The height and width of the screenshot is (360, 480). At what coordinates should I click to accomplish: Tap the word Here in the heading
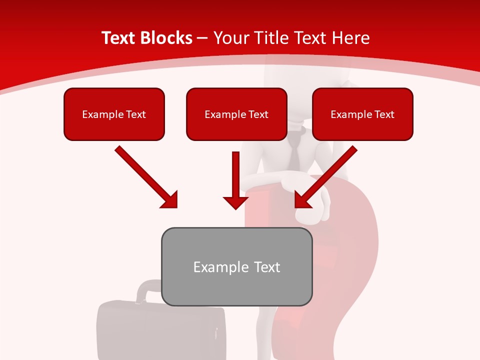tap(352, 38)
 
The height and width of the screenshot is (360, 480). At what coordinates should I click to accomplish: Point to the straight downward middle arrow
tap(235, 180)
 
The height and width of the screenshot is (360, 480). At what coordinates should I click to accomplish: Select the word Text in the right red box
tap(384, 114)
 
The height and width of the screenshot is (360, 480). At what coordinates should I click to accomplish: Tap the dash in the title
tap(202, 38)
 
